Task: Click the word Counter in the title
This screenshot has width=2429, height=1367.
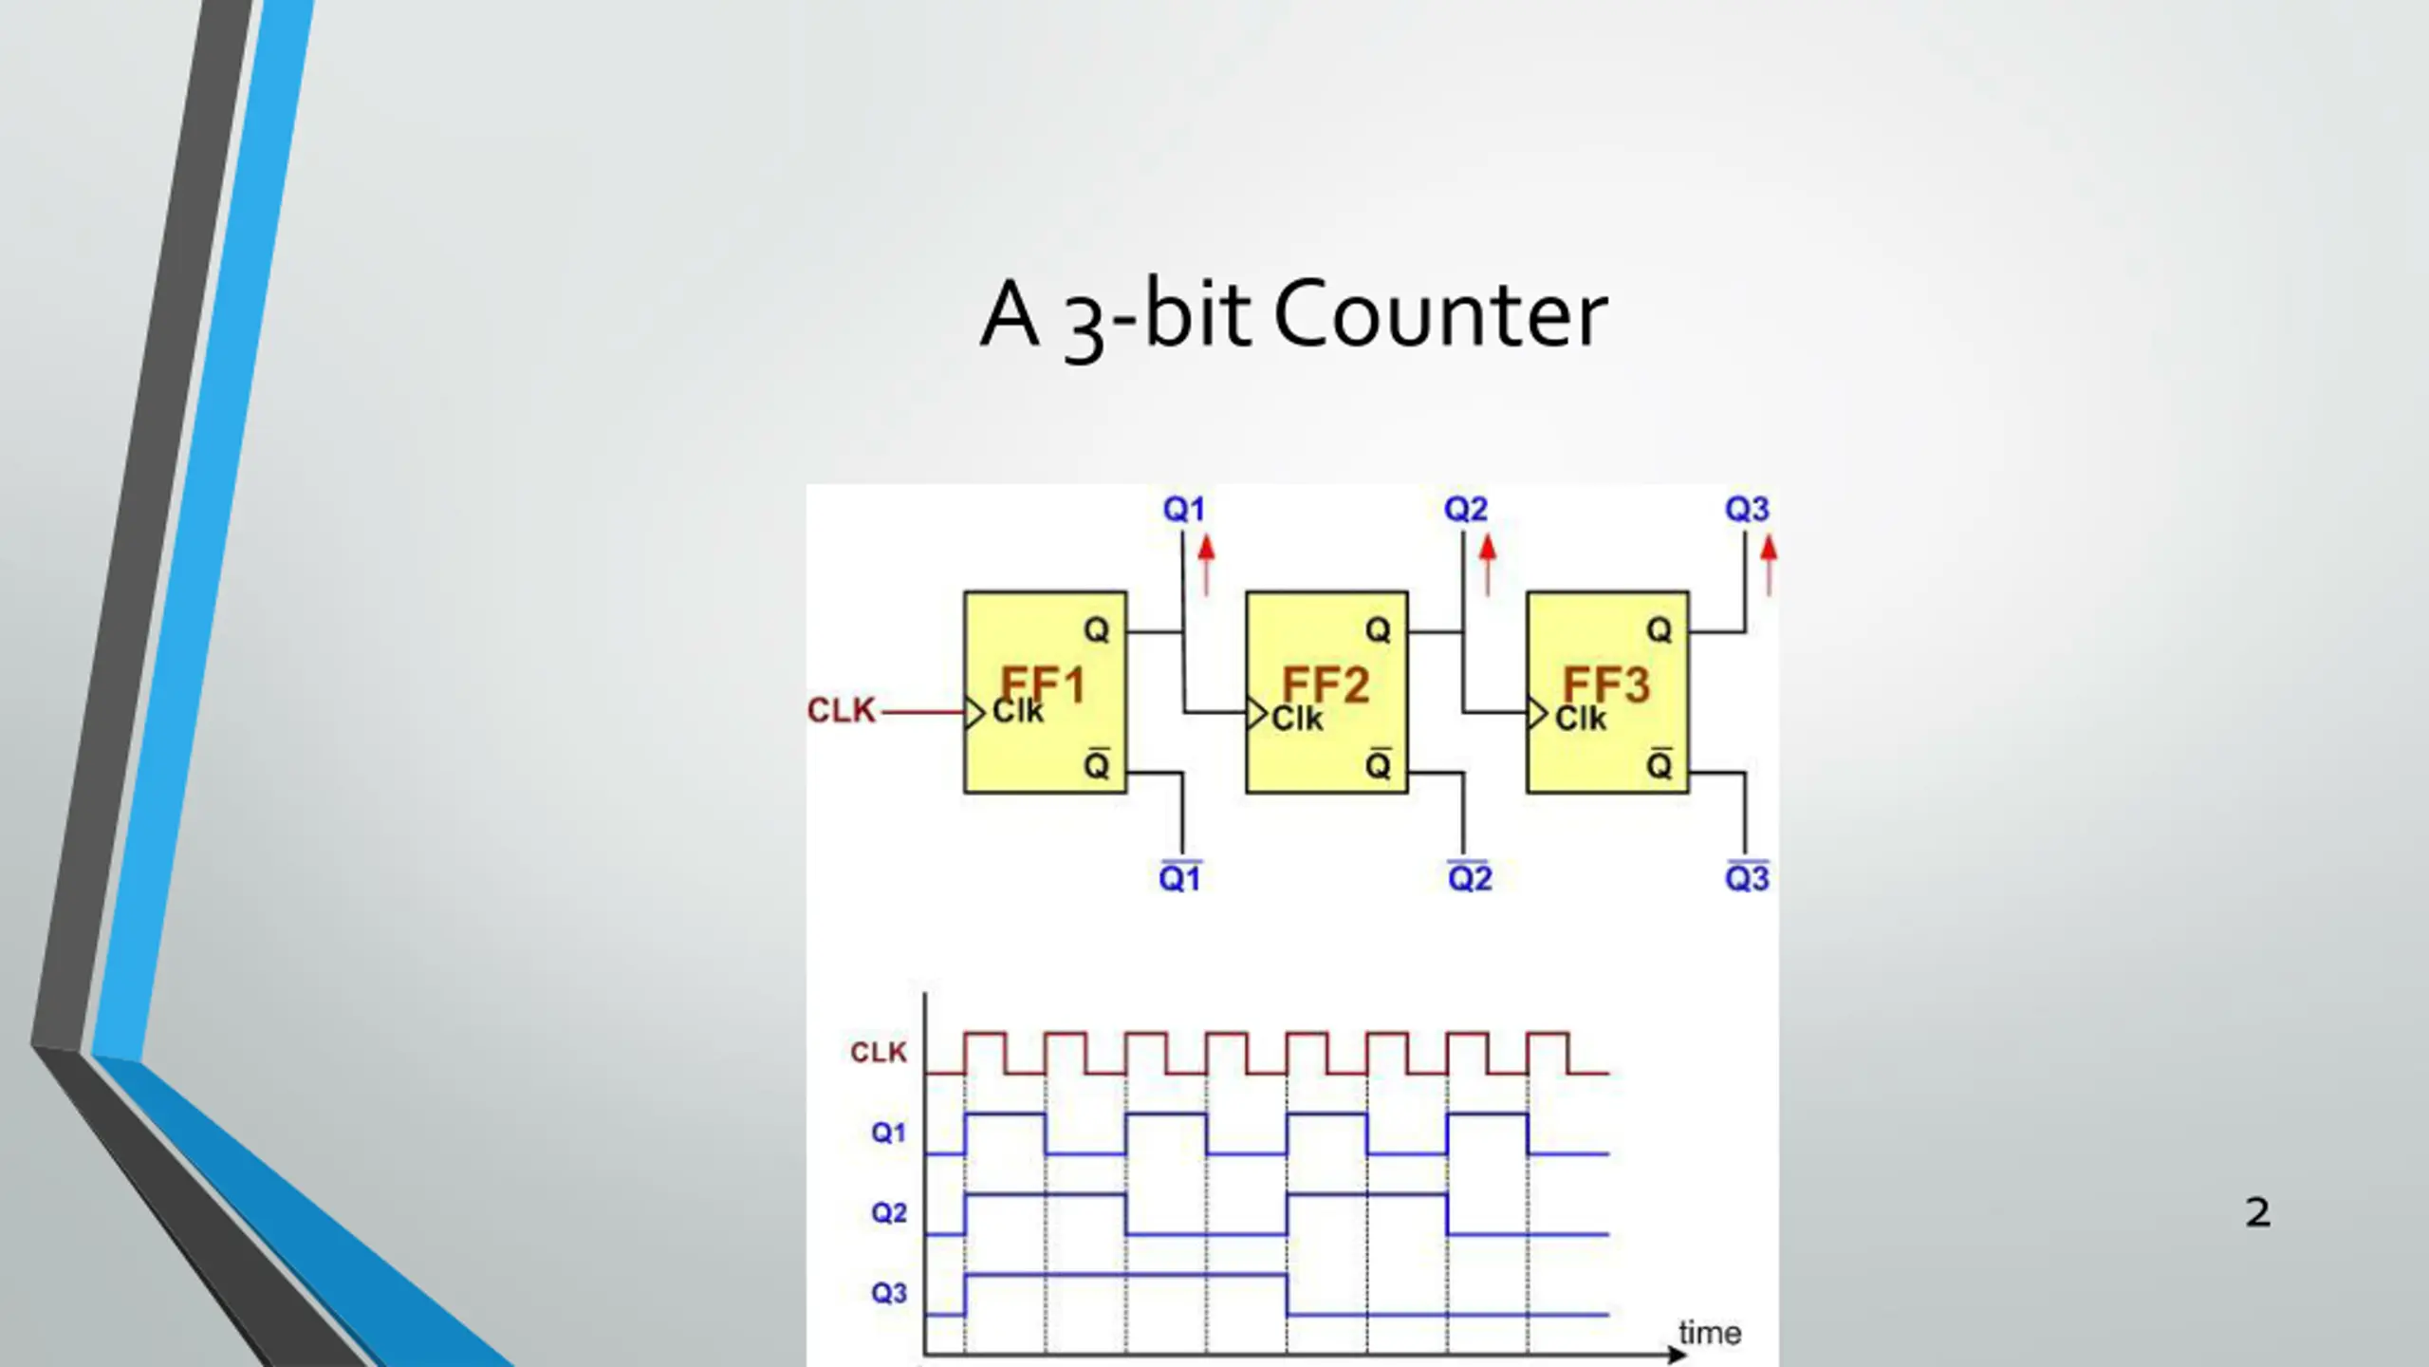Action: (x=1439, y=314)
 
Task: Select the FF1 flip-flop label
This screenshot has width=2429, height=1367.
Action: (x=1043, y=683)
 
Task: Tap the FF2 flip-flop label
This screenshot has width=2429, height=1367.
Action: (x=1326, y=683)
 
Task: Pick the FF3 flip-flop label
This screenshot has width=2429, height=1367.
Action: (x=1606, y=683)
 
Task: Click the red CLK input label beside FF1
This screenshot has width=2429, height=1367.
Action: (x=841, y=710)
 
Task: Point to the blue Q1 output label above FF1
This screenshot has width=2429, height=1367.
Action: (x=1183, y=510)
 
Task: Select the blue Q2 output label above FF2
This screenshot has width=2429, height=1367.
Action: (x=1465, y=510)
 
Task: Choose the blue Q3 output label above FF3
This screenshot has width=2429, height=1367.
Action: (x=1746, y=510)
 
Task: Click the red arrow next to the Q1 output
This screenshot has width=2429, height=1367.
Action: (x=1206, y=564)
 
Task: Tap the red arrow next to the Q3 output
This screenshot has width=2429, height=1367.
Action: (x=1769, y=564)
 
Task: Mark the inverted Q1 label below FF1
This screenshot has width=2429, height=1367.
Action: (x=1179, y=877)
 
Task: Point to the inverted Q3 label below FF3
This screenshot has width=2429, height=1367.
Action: (x=1747, y=877)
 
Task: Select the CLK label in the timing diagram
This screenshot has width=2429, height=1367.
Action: (x=879, y=1052)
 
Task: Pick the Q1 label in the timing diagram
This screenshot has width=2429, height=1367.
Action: (x=888, y=1133)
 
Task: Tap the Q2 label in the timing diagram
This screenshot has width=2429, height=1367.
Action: (x=888, y=1213)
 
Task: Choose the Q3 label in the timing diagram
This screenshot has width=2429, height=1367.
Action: (x=888, y=1293)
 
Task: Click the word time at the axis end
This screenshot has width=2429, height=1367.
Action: (x=1710, y=1333)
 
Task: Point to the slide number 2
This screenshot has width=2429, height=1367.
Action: (x=2258, y=1212)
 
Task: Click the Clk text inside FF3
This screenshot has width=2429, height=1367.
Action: (x=1581, y=719)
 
